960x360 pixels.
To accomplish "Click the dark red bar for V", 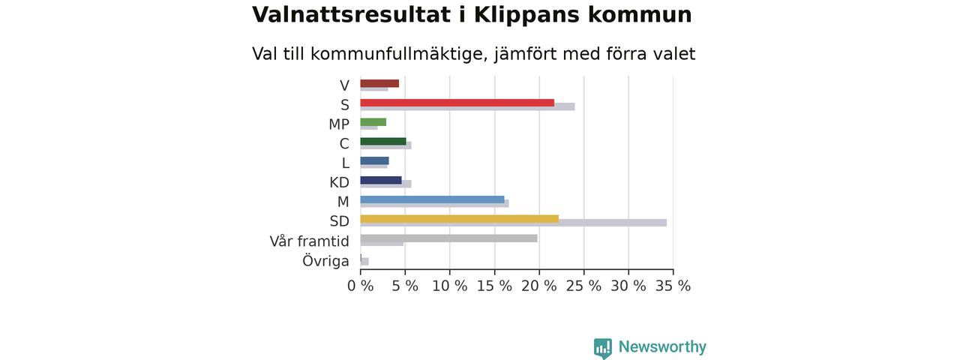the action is click(379, 83).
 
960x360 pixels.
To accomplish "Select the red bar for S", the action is click(457, 103).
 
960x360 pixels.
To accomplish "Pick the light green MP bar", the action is click(373, 122).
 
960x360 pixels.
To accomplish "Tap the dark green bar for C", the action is click(383, 142).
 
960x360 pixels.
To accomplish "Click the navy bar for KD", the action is click(381, 180).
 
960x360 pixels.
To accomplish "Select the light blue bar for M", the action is click(433, 199).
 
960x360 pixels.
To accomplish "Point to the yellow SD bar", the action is click(460, 219).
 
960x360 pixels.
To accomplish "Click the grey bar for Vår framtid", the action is click(448, 238).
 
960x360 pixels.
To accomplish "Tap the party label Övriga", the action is click(325, 260).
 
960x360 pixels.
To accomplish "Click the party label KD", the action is click(340, 182).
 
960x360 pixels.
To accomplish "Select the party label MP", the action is click(339, 124).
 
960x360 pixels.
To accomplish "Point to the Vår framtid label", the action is click(310, 241).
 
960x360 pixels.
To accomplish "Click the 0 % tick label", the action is click(361, 286).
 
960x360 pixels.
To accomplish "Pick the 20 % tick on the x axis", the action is click(539, 286).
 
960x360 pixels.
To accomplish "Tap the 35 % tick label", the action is click(673, 286).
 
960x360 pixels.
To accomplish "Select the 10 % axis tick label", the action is click(449, 286).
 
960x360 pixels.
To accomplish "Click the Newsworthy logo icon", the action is click(602, 348).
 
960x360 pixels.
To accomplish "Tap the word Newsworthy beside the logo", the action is click(662, 346).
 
